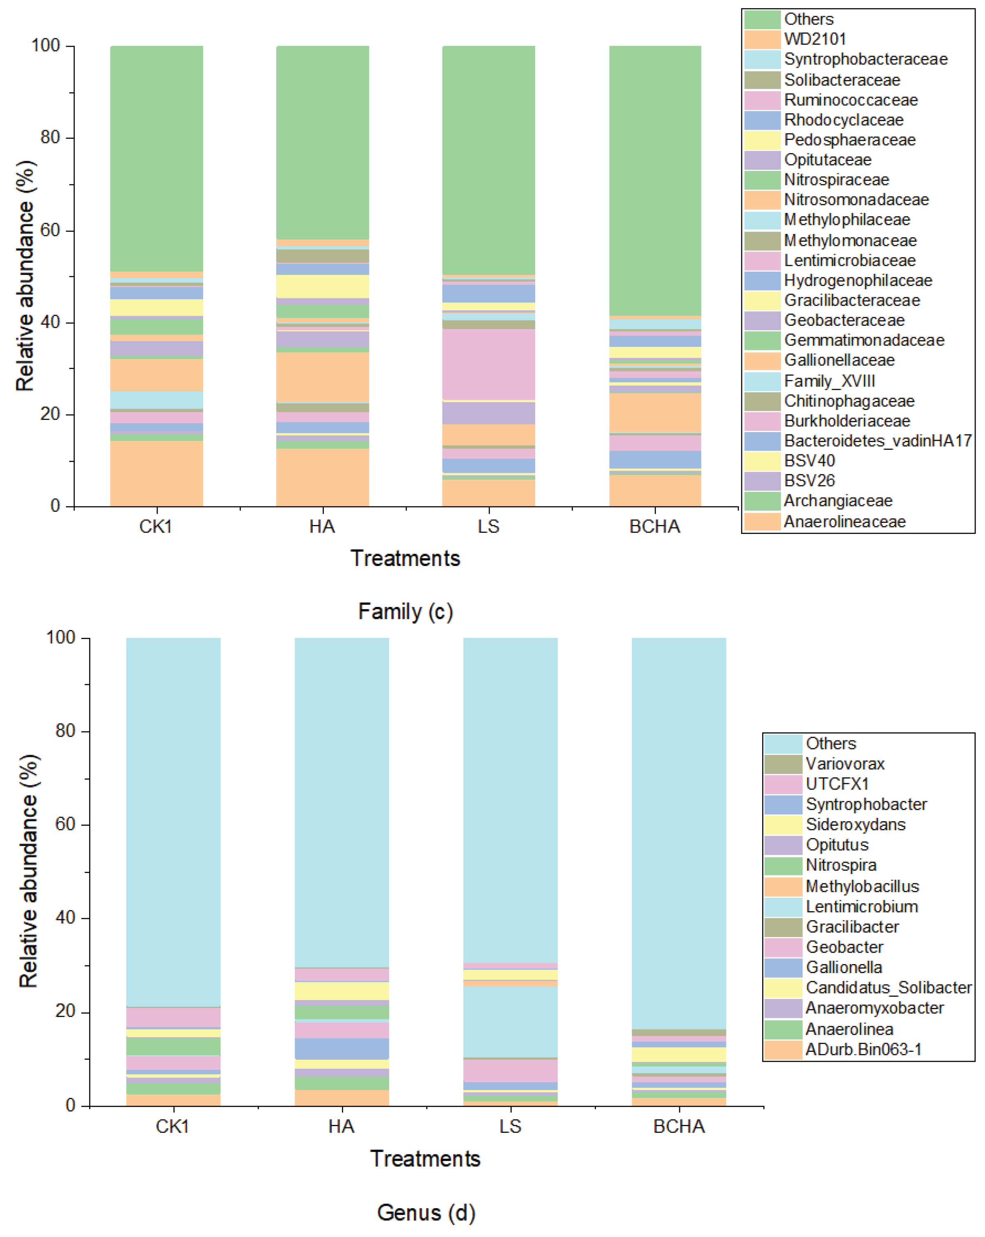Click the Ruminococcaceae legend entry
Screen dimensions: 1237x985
click(850, 100)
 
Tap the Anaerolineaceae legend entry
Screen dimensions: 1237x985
click(845, 522)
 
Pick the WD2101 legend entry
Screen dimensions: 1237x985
click(815, 39)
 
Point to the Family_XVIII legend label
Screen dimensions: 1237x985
click(829, 380)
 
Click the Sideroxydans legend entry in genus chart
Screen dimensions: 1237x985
click(855, 825)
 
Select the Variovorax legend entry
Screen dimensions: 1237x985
click(845, 764)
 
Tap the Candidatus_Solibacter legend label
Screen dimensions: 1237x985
click(888, 987)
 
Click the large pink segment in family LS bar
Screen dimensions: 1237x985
click(488, 364)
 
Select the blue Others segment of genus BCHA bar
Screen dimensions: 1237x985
click(679, 832)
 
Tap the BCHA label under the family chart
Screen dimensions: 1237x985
click(655, 526)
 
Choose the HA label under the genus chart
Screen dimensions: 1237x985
click(341, 1126)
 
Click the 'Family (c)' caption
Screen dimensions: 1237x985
click(405, 611)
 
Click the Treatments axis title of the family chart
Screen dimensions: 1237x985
click(405, 558)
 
